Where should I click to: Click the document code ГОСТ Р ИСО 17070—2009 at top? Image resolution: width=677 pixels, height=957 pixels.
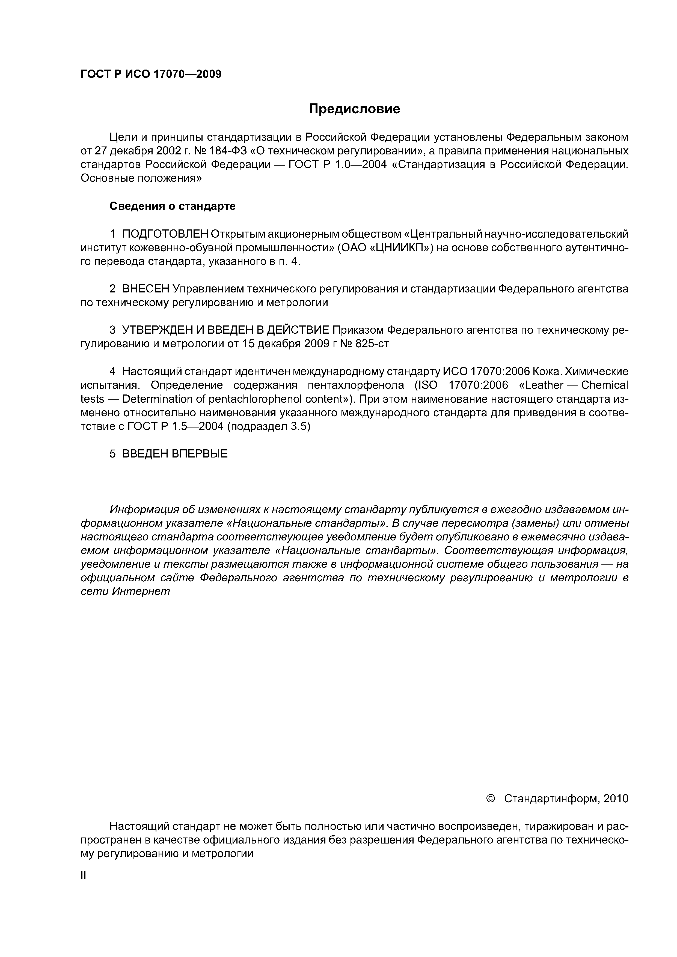coord(151,74)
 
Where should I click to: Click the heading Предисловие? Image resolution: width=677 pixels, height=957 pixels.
coord(354,109)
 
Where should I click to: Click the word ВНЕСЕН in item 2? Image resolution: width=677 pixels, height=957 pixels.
coord(146,289)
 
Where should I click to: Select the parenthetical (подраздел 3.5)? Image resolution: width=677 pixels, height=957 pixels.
coord(269,427)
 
